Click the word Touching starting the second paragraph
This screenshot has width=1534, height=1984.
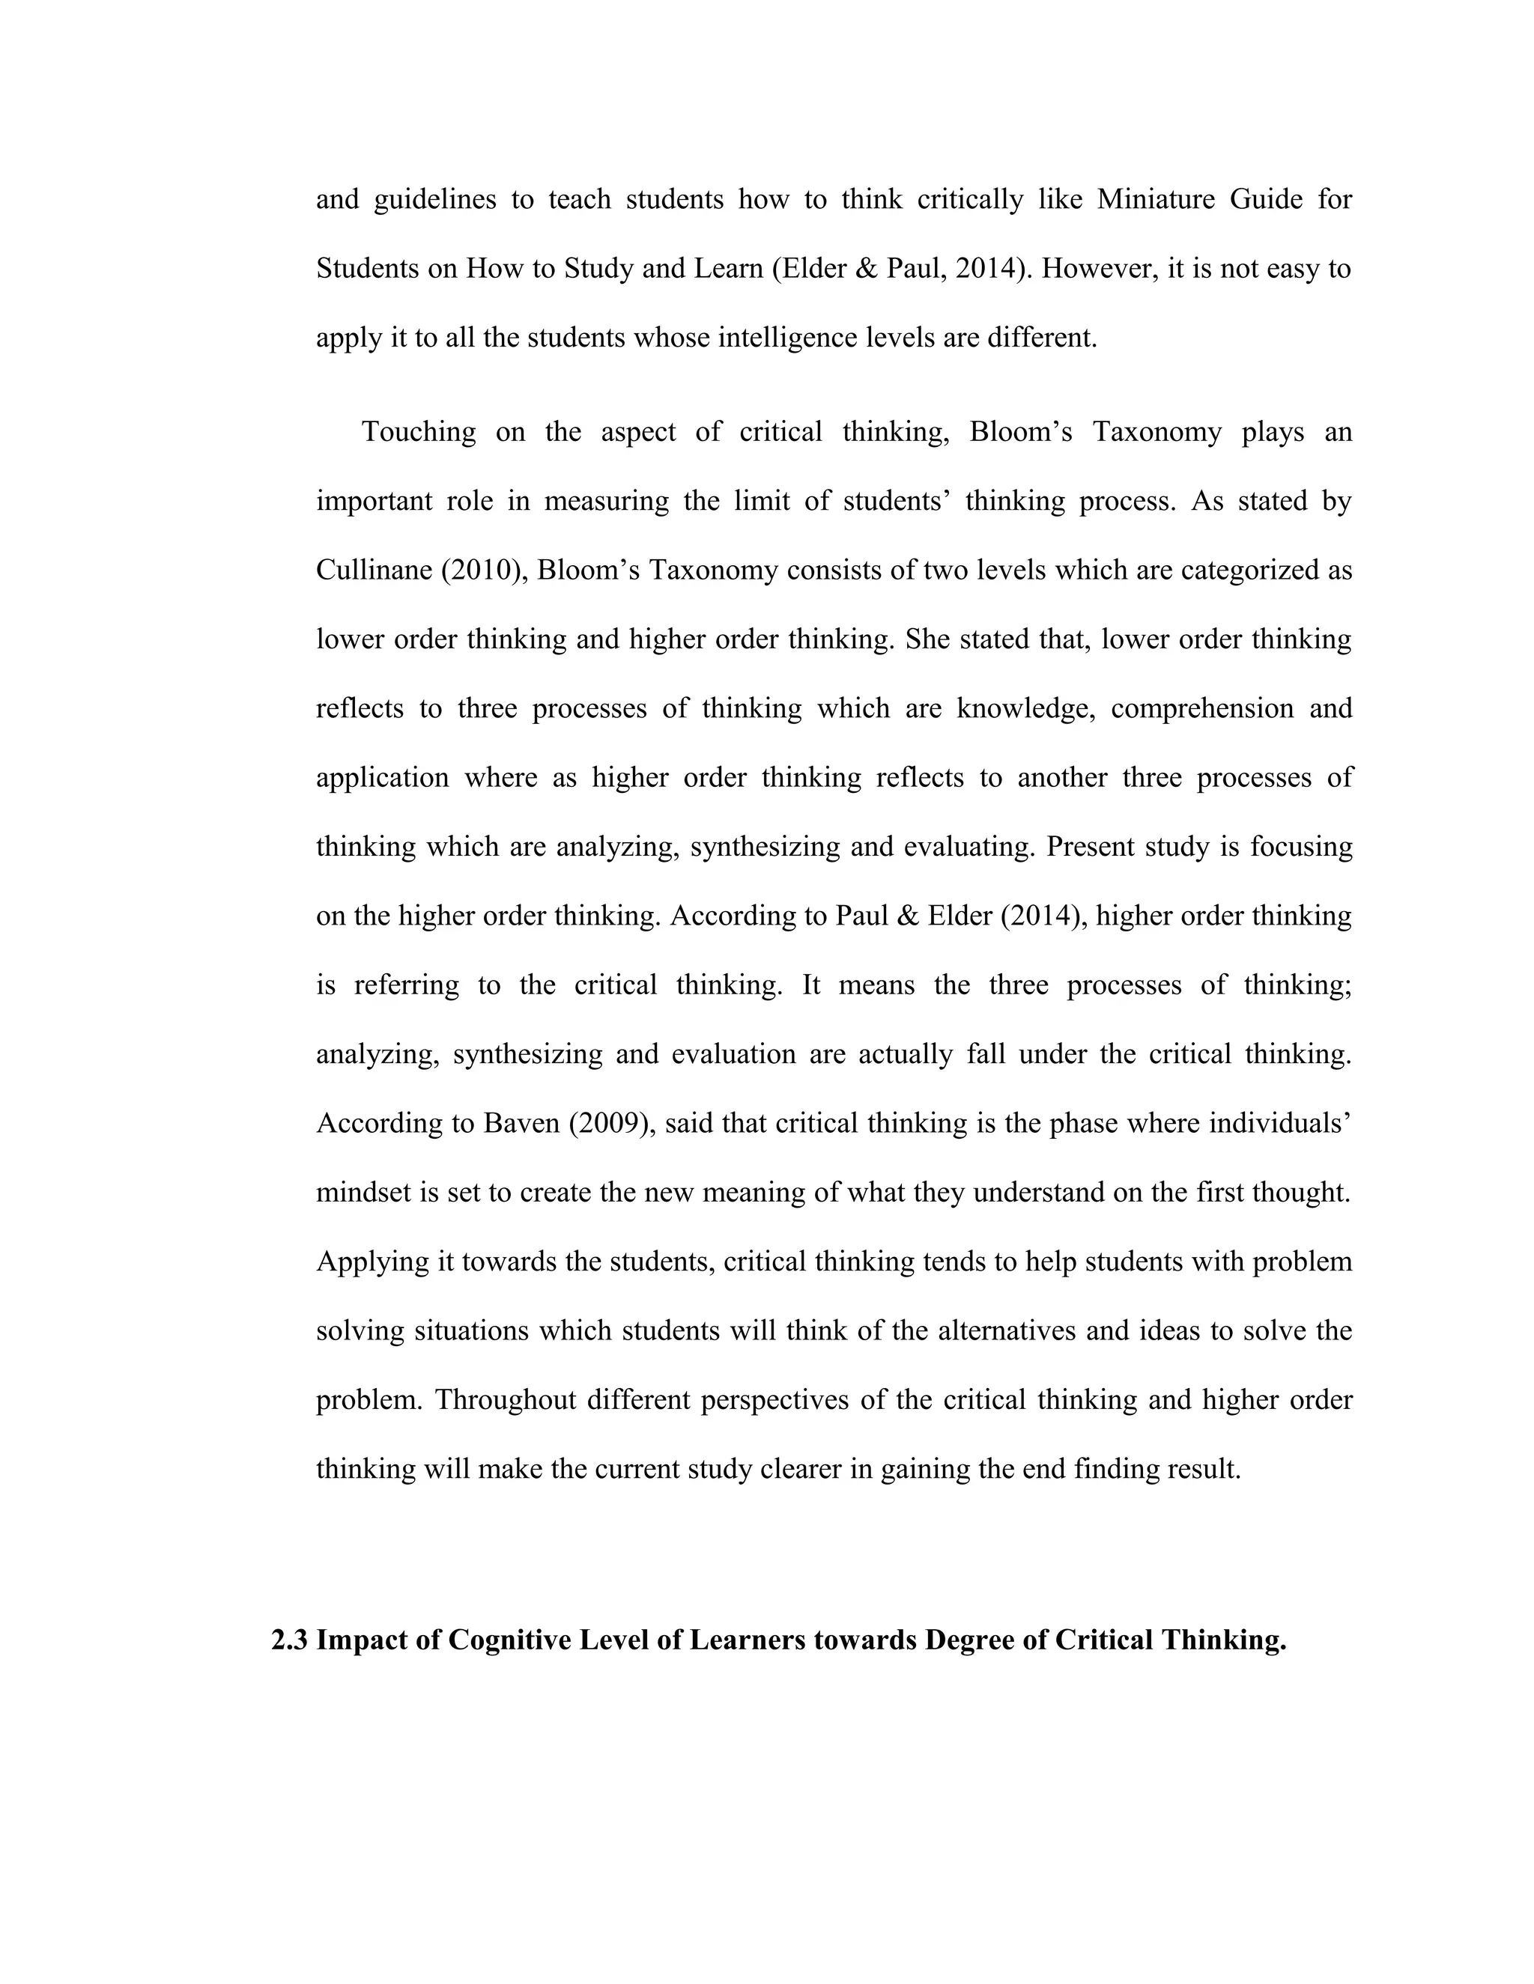[x=418, y=431]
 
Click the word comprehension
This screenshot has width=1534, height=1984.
[x=1201, y=708]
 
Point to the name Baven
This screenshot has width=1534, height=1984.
[x=521, y=1123]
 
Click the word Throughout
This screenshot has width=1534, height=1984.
[x=506, y=1400]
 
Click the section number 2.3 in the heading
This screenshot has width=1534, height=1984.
[x=290, y=1639]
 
